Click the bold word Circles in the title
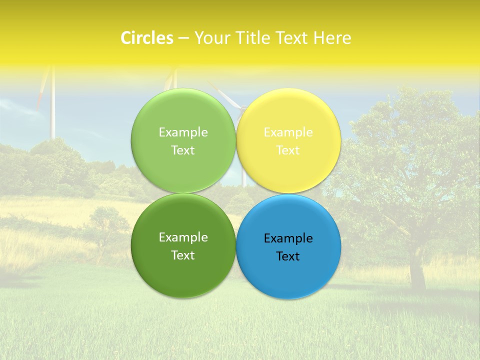coord(147,38)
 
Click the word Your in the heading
coord(211,38)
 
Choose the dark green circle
coord(183,270)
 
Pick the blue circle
coord(288,272)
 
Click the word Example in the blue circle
coord(288,238)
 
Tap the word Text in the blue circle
coord(288,256)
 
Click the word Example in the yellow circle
coord(288,132)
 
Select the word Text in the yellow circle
coord(288,150)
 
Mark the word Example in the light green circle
coord(183,132)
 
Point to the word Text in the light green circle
coord(183,150)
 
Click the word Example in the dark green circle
coord(183,237)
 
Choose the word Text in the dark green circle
coord(183,255)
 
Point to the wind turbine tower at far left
coord(52,110)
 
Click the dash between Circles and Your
coord(183,38)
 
